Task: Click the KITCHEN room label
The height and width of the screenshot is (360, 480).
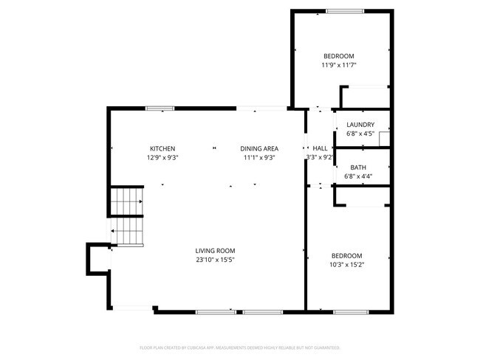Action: pyautogui.click(x=162, y=148)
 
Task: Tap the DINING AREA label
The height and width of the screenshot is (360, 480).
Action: pyautogui.click(x=260, y=148)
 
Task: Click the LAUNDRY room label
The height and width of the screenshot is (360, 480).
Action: pyautogui.click(x=360, y=125)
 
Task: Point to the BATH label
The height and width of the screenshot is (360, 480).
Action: pyautogui.click(x=357, y=167)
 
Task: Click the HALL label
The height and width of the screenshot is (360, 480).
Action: pyautogui.click(x=320, y=148)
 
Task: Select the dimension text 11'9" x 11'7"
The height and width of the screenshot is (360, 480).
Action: pyautogui.click(x=338, y=66)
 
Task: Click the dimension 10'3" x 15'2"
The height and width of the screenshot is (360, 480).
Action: pyautogui.click(x=346, y=264)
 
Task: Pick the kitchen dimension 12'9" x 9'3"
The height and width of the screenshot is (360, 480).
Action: pyautogui.click(x=162, y=157)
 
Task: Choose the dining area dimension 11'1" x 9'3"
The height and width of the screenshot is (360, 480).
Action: pyautogui.click(x=260, y=157)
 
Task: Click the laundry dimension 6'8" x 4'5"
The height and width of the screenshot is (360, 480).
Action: pyautogui.click(x=360, y=134)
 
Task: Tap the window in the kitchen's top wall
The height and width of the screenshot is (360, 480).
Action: pyautogui.click(x=160, y=108)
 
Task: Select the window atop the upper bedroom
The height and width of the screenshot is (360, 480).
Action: pyautogui.click(x=345, y=10)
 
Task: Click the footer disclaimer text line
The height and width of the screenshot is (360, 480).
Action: pyautogui.click(x=239, y=347)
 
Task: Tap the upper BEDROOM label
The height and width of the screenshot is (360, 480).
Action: pyautogui.click(x=338, y=57)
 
